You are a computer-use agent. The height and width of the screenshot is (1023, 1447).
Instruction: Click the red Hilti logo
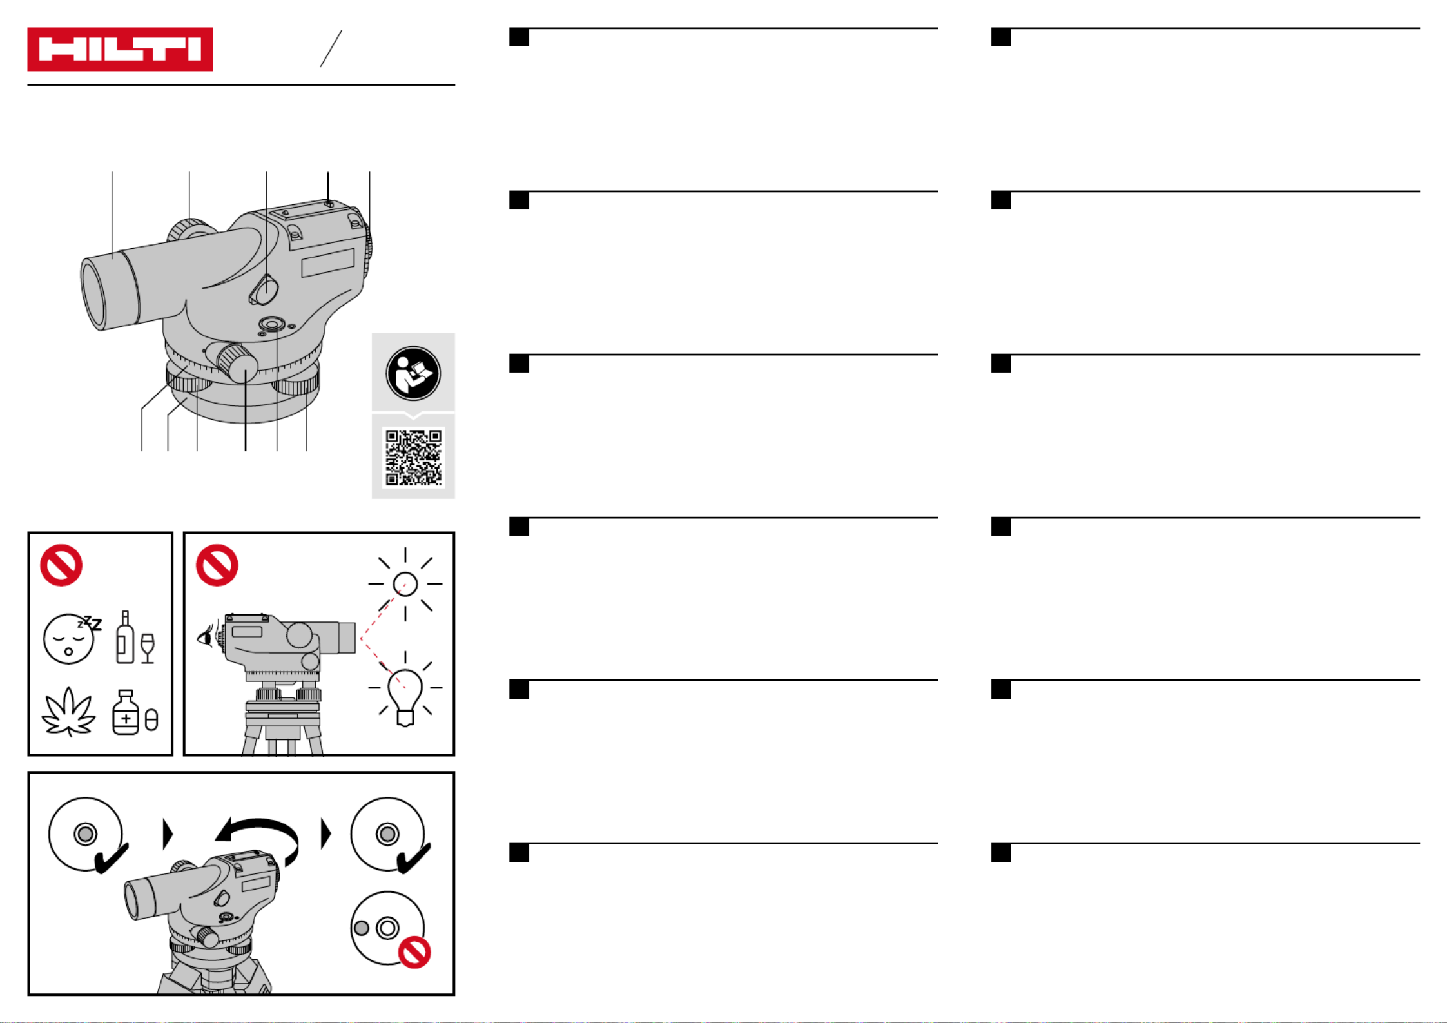120,49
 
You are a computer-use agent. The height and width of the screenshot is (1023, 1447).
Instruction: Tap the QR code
414,457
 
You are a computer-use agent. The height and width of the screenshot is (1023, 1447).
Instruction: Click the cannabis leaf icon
68,712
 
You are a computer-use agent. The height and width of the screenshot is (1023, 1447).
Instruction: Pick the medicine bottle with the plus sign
126,712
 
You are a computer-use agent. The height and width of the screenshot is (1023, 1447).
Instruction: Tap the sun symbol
405,584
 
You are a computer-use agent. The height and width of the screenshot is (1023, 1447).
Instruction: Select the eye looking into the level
206,637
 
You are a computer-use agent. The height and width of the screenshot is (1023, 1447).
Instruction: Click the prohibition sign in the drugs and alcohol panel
61,565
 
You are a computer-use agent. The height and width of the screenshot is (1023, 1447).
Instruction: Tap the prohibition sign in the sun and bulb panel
217,565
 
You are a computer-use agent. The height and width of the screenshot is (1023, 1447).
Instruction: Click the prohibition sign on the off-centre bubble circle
414,952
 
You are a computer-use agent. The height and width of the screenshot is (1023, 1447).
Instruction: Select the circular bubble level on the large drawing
272,323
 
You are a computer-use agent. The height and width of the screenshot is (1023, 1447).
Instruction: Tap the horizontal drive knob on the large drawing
237,364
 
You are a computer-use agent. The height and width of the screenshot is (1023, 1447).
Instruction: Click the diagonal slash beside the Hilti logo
331,48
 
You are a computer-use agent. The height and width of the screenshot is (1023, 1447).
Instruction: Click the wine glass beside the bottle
148,648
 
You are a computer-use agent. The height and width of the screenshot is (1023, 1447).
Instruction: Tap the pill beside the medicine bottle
151,720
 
